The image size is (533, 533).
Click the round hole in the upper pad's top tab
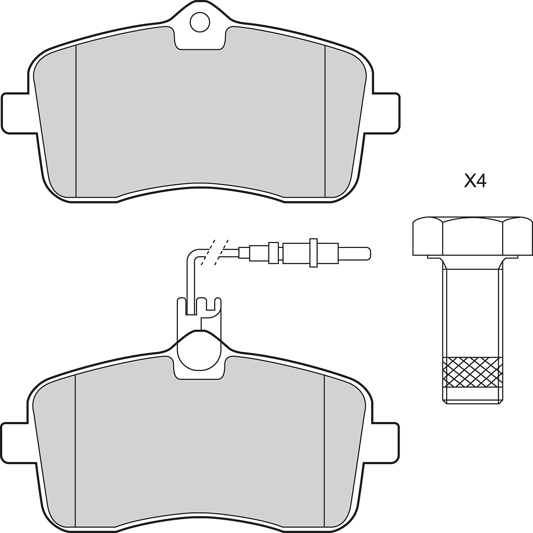tap(200, 22)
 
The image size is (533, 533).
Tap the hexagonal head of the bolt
tap(472, 236)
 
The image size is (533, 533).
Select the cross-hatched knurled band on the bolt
tap(473, 372)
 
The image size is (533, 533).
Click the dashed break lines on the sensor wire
tap(215, 252)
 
